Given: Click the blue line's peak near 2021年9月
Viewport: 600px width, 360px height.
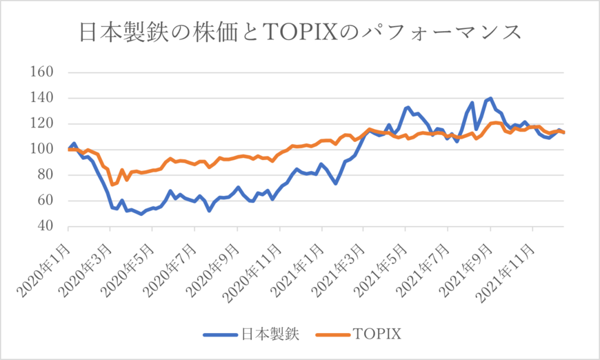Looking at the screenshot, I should coord(490,99).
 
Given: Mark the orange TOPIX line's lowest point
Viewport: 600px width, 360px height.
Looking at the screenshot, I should coord(112,185).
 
